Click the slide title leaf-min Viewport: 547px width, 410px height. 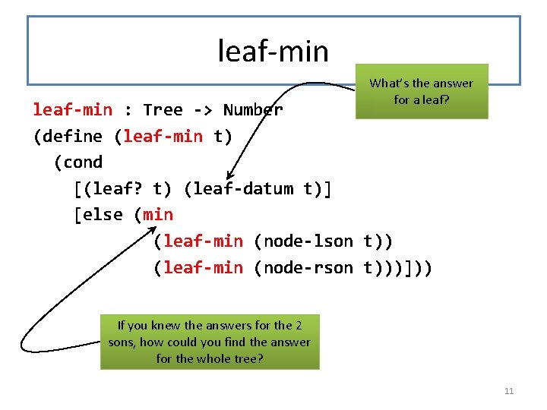coord(273,52)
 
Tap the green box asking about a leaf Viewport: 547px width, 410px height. coord(421,91)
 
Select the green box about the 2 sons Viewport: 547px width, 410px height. coord(210,342)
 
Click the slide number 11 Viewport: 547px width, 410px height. coord(509,391)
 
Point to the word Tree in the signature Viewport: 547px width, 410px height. coord(163,110)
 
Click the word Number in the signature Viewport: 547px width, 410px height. coord(253,110)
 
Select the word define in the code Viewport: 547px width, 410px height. coord(71,137)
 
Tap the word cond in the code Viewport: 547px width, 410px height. coord(83,162)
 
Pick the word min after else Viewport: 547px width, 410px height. coord(158,215)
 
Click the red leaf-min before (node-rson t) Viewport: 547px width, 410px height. coord(203,267)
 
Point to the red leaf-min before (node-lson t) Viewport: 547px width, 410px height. coord(203,241)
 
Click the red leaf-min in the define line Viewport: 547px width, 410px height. coord(163,137)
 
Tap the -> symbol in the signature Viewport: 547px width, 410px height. coord(203,110)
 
